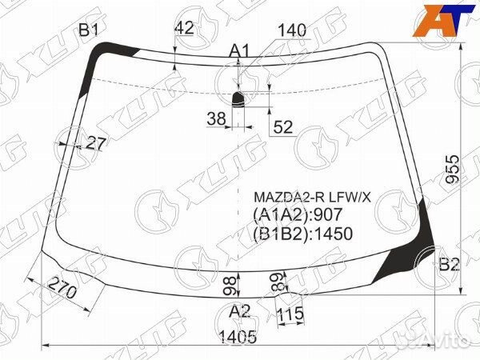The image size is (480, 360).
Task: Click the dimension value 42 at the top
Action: (184, 27)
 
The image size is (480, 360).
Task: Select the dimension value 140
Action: (292, 31)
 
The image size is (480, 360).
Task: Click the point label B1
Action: (87, 31)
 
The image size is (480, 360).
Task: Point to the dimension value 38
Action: (215, 119)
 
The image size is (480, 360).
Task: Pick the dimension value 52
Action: (282, 126)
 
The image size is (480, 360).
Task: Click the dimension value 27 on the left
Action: (96, 144)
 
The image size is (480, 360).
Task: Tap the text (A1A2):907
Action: (298, 214)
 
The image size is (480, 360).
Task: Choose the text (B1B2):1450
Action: (303, 233)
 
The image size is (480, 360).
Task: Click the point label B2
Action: (449, 265)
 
